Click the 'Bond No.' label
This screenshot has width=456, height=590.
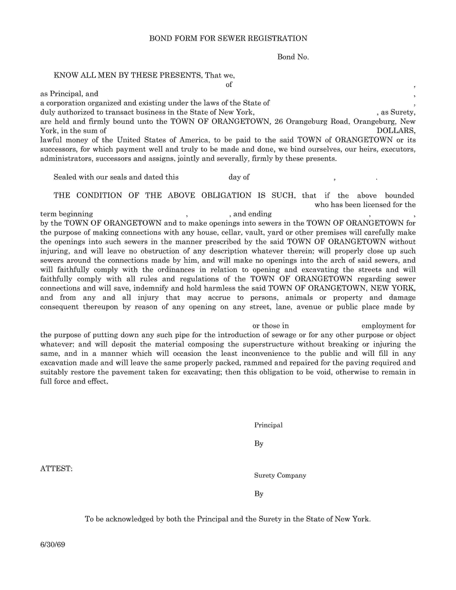(293, 57)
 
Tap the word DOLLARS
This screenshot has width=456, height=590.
(396, 131)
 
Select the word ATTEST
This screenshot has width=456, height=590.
(56, 469)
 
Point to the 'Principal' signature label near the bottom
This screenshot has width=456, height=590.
(268, 425)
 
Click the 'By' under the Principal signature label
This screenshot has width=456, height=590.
(259, 444)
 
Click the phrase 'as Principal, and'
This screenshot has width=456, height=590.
(69, 94)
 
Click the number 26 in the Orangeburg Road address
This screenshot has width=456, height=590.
(279, 122)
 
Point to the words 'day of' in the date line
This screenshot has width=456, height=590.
(239, 177)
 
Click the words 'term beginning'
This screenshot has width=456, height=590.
(67, 214)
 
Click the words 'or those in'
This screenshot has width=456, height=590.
(270, 326)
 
